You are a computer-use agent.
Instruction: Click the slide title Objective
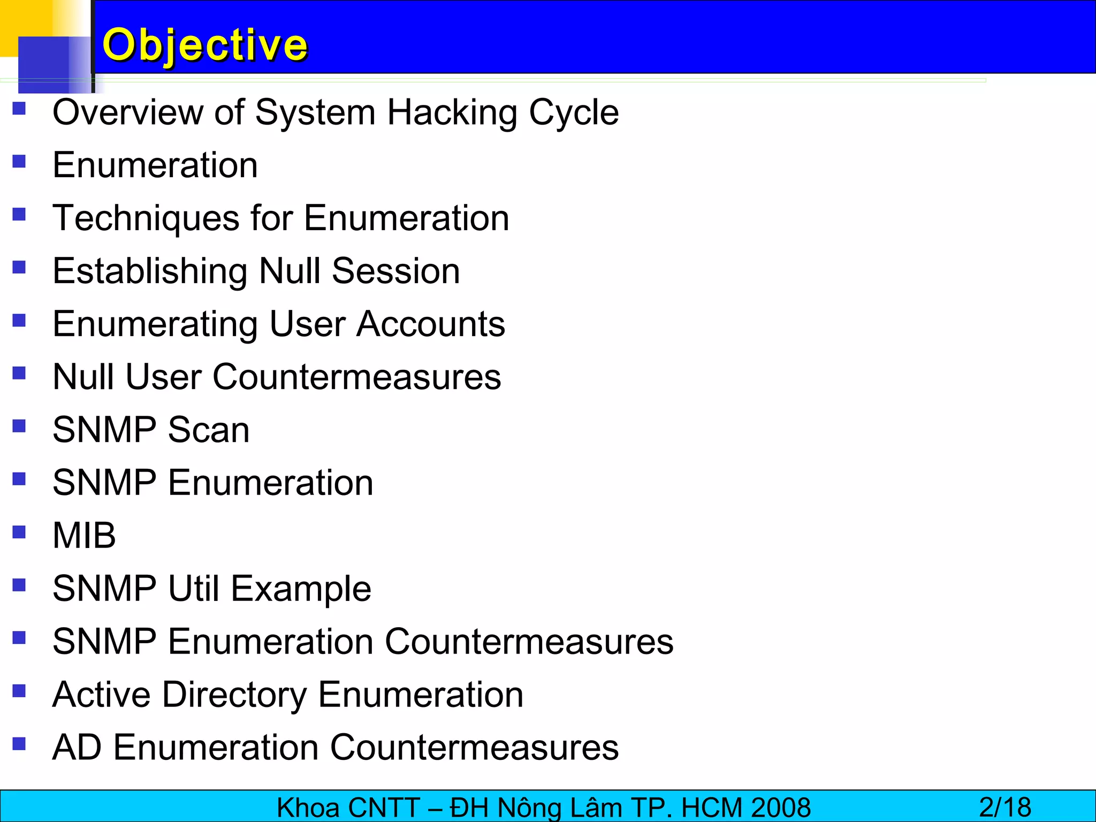pyautogui.click(x=204, y=45)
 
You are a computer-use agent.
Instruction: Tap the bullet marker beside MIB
pyautogui.click(x=19, y=532)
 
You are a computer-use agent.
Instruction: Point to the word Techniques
pyautogui.click(x=146, y=218)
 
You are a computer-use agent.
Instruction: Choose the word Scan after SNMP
pyautogui.click(x=208, y=430)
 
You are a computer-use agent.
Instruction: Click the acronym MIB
pyautogui.click(x=84, y=535)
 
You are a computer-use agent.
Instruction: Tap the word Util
pyautogui.click(x=194, y=588)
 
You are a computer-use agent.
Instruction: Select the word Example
pyautogui.click(x=301, y=589)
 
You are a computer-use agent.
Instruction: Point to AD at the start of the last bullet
pyautogui.click(x=77, y=747)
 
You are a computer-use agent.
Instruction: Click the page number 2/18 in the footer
pyautogui.click(x=1005, y=807)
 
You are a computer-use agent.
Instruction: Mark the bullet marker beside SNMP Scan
pyautogui.click(x=19, y=426)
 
